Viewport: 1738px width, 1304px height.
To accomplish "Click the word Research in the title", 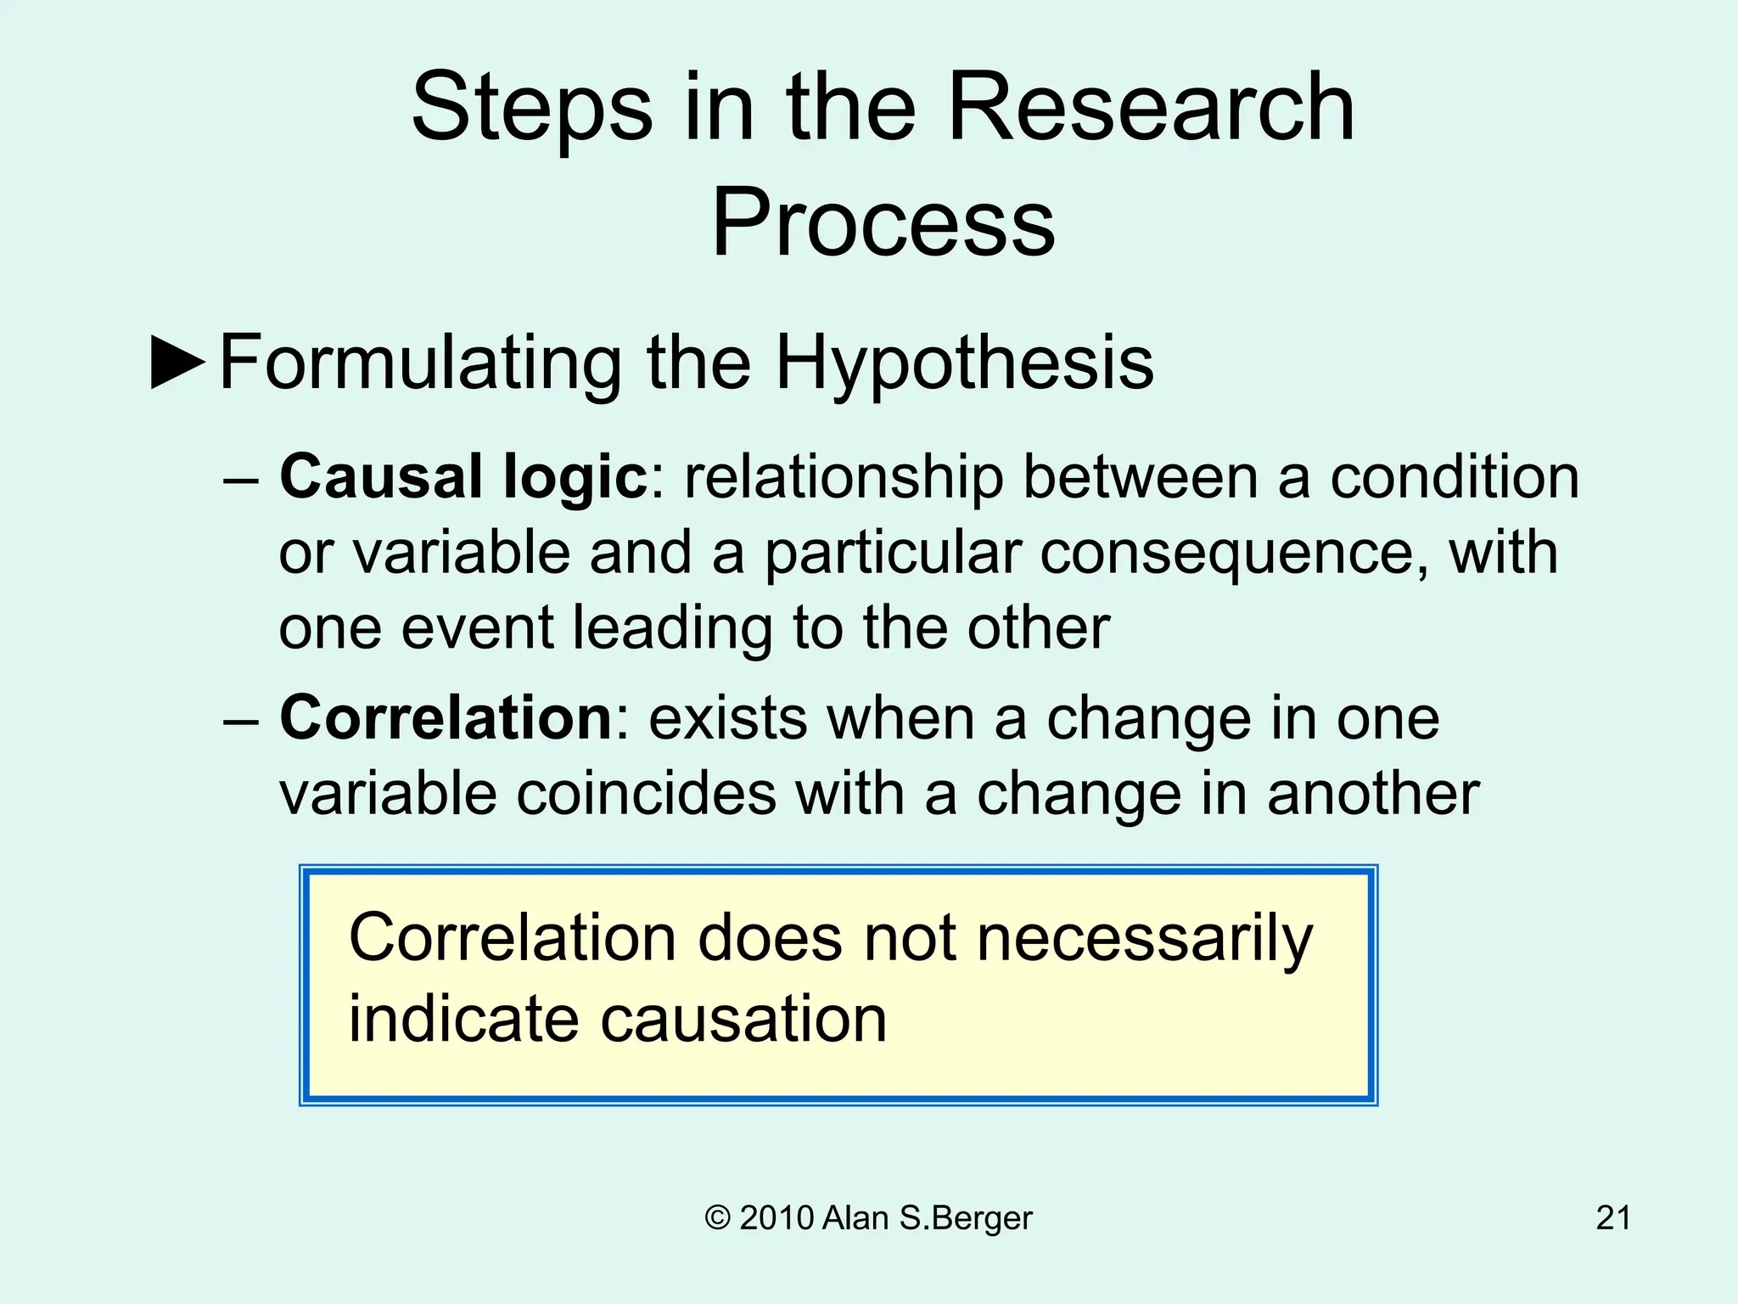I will tap(1150, 108).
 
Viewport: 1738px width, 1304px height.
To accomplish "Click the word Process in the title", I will tap(883, 222).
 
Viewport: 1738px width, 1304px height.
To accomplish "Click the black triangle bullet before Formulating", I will tap(178, 363).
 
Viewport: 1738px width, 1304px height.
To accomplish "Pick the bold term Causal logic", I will tap(463, 477).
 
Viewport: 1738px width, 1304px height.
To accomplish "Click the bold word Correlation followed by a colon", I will tap(446, 718).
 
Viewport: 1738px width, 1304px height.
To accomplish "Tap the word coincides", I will tap(646, 795).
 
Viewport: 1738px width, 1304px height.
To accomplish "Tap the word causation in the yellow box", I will tap(743, 1019).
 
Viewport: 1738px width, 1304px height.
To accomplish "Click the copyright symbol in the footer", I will tap(717, 1218).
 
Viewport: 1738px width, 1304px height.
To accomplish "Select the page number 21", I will tap(1612, 1218).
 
